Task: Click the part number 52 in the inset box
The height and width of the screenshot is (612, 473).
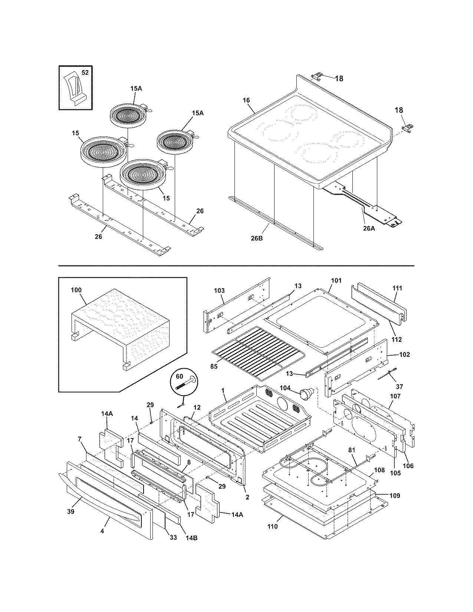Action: point(85,73)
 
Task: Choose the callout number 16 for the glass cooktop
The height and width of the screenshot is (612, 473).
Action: point(246,100)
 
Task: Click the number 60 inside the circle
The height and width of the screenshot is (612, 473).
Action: point(179,376)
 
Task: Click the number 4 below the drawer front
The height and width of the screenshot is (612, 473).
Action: point(102,531)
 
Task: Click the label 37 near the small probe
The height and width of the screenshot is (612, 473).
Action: point(399,386)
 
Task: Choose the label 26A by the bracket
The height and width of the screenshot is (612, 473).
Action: point(369,228)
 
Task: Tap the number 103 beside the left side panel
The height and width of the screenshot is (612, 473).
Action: point(219,290)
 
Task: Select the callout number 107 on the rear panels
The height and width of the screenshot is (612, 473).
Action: point(395,396)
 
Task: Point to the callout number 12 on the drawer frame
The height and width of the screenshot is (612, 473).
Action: point(197,407)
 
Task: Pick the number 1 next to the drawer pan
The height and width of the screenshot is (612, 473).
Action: point(223,391)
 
